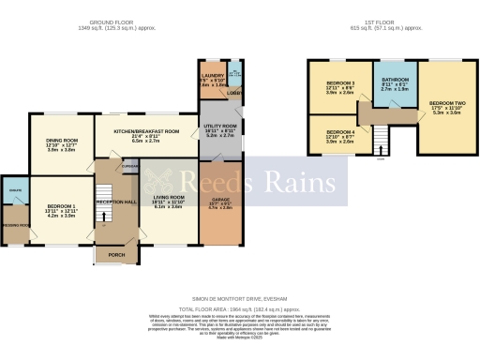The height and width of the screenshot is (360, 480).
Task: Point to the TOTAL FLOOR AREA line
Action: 240,307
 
